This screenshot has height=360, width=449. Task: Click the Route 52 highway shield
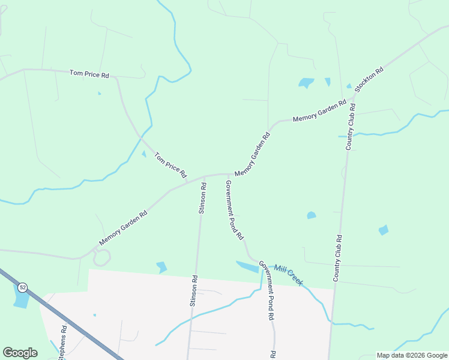(x=22, y=287)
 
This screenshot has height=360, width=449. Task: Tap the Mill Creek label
(x=288, y=275)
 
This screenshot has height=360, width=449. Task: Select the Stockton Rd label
(x=369, y=79)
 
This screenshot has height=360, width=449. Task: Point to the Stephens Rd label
(x=62, y=343)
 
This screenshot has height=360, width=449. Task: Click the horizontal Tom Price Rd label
(x=89, y=74)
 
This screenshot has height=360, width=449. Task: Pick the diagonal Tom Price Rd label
(x=170, y=166)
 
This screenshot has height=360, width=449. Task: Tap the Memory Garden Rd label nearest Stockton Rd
(x=319, y=112)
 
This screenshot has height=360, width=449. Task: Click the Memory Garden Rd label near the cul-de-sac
(x=123, y=228)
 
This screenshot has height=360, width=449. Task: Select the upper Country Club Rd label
(x=351, y=127)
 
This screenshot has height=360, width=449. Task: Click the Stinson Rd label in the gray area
(x=194, y=291)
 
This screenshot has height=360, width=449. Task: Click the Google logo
(x=20, y=353)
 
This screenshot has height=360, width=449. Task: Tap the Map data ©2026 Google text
(x=412, y=355)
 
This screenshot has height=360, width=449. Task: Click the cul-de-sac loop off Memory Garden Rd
(x=101, y=257)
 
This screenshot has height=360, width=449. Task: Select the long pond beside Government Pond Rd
(x=247, y=266)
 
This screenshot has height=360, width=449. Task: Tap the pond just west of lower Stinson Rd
(x=161, y=266)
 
